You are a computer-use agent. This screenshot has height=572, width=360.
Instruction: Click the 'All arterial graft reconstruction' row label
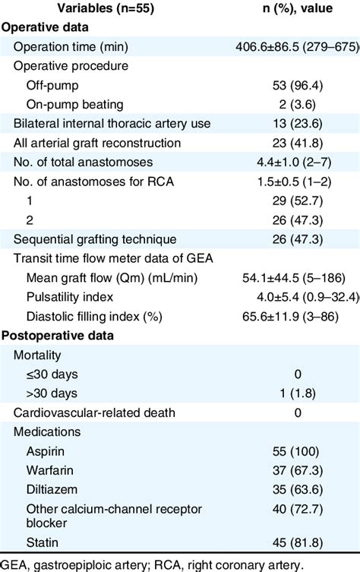coord(98,143)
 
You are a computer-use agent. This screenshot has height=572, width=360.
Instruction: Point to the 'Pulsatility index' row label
coord(70,298)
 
